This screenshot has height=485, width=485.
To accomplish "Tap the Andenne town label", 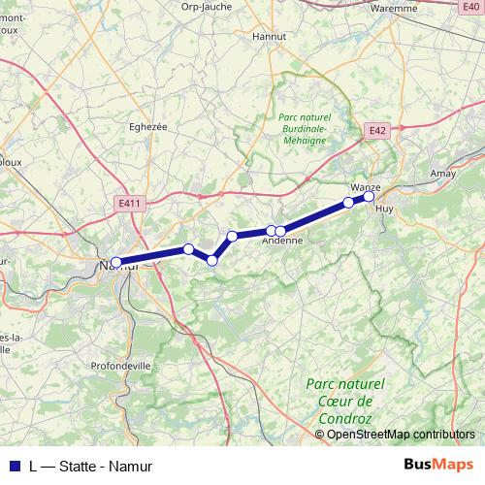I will (283, 242).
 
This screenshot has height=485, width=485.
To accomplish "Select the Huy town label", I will (384, 208).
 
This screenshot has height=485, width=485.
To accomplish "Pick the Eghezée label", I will (147, 125).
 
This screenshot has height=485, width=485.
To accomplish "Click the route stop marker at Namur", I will (116, 262).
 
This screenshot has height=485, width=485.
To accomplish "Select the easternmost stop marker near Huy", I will (369, 197).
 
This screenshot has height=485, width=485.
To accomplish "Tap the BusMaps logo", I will (439, 465).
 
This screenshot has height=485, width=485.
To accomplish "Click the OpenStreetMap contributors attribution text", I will (401, 435).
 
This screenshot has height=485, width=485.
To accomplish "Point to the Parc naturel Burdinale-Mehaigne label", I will (303, 127).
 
